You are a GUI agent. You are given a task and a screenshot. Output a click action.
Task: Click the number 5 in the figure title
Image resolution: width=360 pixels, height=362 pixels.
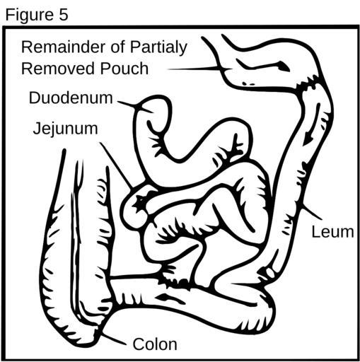tap(63, 15)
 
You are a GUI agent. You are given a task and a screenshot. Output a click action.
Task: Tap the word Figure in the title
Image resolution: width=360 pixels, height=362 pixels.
tap(30, 16)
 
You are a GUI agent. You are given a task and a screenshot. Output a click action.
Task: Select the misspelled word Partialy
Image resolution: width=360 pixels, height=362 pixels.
tap(158, 48)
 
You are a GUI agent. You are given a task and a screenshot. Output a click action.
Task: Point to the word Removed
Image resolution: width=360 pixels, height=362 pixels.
tap(59, 69)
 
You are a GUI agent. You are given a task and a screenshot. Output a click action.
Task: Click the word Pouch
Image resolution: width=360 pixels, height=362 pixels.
tap(124, 69)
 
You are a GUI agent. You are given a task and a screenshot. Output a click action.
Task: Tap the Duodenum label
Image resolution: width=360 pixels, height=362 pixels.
tap(71, 98)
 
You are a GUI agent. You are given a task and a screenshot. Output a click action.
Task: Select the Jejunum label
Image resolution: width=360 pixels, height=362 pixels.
tap(66, 129)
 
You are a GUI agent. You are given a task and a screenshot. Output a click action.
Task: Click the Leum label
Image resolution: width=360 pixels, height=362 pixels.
tap(332, 232)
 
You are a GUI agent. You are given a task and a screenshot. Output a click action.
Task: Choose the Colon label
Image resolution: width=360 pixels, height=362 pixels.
tap(155, 344)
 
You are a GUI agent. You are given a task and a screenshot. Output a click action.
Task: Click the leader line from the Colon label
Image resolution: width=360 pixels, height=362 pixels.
tap(114, 339)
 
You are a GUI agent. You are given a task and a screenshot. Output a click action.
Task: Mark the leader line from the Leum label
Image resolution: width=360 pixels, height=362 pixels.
tap(312, 211)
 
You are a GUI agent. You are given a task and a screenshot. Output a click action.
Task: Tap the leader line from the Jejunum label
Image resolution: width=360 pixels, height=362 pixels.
tap(116, 165)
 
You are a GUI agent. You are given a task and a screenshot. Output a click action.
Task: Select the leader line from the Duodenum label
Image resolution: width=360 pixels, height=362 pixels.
tap(135, 107)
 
